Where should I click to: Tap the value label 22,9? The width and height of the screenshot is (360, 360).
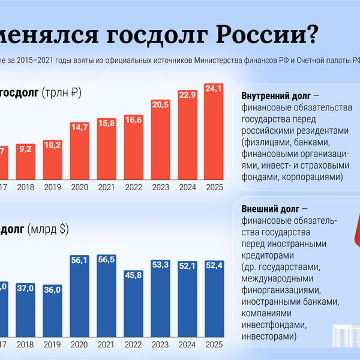(x=187, y=94)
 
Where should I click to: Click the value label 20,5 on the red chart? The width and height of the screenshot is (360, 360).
(x=160, y=104)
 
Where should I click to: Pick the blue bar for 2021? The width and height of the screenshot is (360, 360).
(x=107, y=294)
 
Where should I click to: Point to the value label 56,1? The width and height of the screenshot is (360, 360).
(x=80, y=260)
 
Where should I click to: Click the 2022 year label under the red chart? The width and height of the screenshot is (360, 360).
(x=133, y=187)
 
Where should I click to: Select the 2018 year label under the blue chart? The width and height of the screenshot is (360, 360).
(x=26, y=345)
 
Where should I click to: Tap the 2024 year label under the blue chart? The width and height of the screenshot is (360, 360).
(x=187, y=345)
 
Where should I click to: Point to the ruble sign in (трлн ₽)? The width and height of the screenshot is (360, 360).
(x=74, y=93)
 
